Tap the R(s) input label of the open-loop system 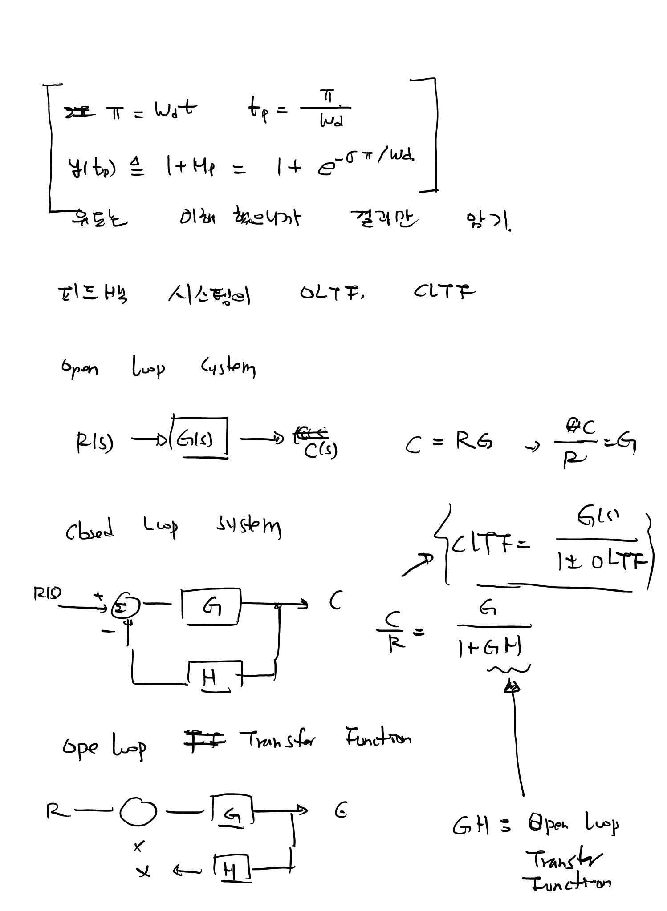pos(94,442)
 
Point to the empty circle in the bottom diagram pos(138,811)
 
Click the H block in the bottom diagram pos(231,868)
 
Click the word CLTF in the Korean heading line pos(443,292)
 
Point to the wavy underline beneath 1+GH pos(508,669)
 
